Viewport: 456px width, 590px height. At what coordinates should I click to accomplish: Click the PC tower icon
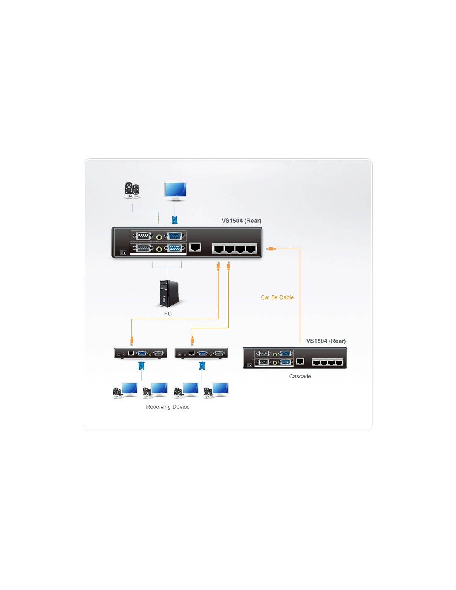click(x=169, y=293)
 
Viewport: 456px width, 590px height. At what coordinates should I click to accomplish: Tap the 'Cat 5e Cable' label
click(x=277, y=297)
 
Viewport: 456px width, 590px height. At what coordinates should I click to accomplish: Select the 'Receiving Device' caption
click(x=167, y=407)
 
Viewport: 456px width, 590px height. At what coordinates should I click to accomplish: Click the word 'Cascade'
click(x=300, y=376)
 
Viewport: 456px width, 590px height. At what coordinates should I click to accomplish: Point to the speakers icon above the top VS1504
click(x=132, y=190)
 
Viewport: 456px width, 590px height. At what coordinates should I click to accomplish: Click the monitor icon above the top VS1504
click(x=175, y=191)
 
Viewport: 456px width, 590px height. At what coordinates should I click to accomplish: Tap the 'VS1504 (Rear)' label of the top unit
click(x=241, y=221)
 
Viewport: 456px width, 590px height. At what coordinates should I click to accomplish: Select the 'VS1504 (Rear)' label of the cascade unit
click(x=326, y=341)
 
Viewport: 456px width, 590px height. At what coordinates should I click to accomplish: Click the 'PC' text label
click(x=167, y=314)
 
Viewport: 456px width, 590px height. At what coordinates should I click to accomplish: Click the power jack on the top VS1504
click(x=124, y=253)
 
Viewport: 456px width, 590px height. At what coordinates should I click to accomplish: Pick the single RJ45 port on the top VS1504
click(x=195, y=247)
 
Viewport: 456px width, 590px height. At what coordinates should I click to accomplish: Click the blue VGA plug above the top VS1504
click(x=175, y=219)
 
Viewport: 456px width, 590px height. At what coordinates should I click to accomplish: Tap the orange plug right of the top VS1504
click(x=271, y=249)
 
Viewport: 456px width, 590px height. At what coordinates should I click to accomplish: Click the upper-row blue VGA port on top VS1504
click(x=175, y=236)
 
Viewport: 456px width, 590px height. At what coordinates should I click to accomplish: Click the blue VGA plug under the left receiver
click(x=141, y=366)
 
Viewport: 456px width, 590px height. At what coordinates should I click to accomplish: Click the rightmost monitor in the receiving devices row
click(x=220, y=390)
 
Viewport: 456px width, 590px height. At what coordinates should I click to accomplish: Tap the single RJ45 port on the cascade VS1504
click(x=299, y=361)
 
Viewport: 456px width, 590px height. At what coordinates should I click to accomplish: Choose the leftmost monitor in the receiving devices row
click(x=129, y=390)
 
